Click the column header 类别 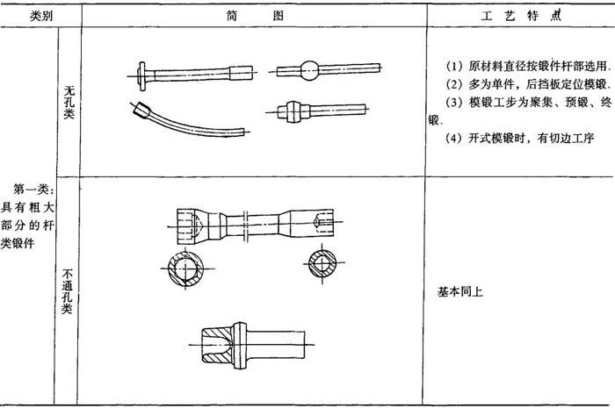coord(41,16)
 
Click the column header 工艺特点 coord(521,16)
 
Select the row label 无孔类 coord(69,103)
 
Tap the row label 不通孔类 coord(67,291)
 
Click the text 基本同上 coord(460,291)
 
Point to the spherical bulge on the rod coord(309,71)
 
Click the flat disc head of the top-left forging coord(141,76)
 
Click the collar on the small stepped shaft coord(293,111)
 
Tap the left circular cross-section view coord(185,268)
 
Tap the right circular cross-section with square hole coord(322,263)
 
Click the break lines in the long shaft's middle coord(246,226)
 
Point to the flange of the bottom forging coord(240,346)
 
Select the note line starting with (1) coord(528,66)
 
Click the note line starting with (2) coord(528,83)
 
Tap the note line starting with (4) coord(520,138)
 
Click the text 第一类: coord(33,190)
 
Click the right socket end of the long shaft coord(312,222)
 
